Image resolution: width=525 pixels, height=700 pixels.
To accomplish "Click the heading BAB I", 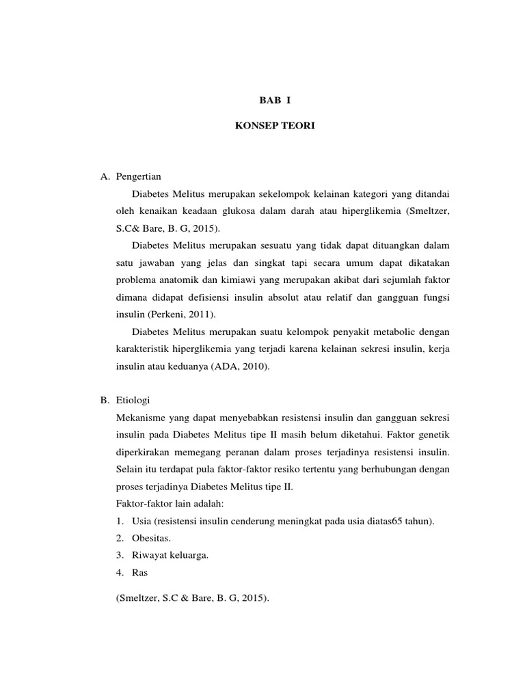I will pos(276,100).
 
